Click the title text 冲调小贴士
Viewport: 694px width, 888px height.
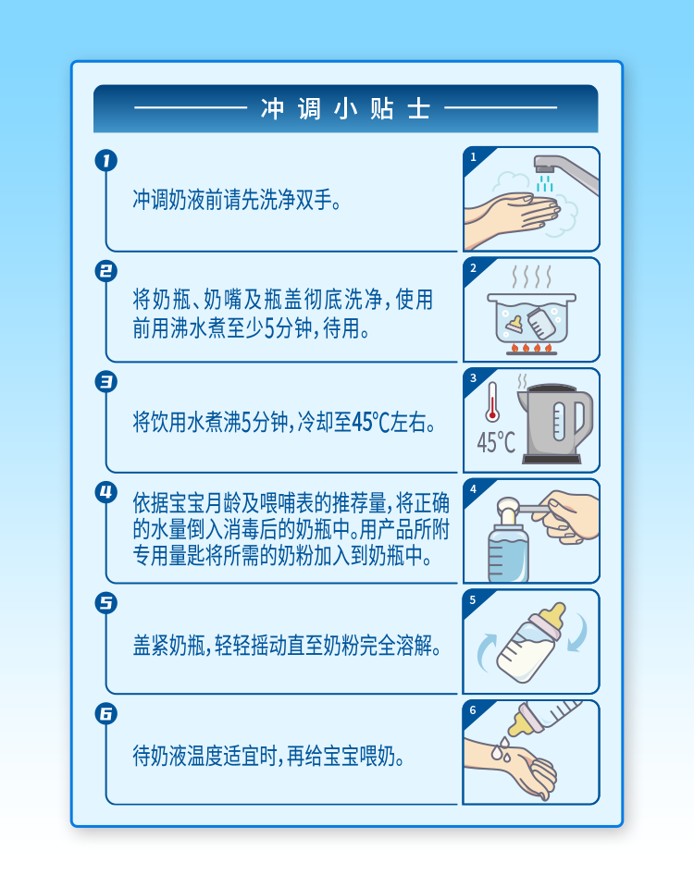[345, 108]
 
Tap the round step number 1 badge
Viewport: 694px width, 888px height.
[105, 161]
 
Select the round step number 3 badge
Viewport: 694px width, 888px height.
[105, 382]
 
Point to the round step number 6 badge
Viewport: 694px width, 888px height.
[105, 713]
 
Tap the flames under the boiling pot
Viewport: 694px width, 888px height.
[531, 347]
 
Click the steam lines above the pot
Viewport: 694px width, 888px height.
[531, 277]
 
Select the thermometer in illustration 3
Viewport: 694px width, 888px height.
[492, 401]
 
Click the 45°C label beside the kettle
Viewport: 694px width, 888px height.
[496, 442]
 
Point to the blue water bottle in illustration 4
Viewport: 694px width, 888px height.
[508, 552]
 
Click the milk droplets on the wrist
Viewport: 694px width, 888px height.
[502, 748]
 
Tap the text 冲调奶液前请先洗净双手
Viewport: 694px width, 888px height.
[237, 200]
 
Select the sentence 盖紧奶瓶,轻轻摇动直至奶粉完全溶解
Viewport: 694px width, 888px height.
[287, 645]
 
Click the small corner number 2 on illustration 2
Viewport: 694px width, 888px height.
[473, 268]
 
